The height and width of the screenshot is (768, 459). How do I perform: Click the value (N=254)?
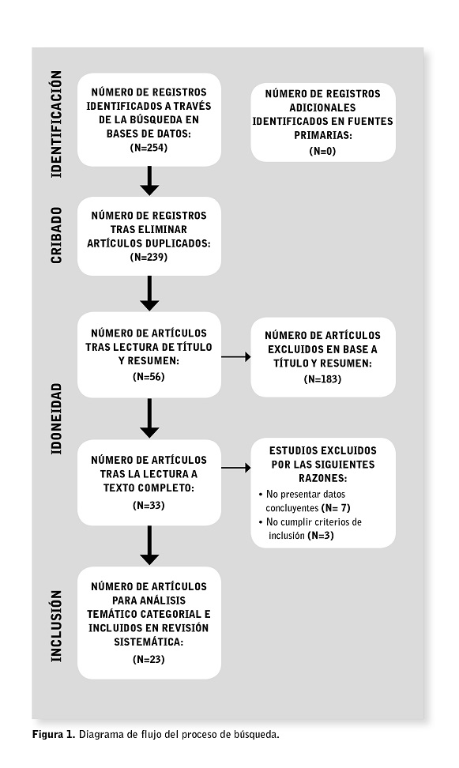click(149, 148)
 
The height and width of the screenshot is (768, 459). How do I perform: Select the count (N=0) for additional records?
click(322, 151)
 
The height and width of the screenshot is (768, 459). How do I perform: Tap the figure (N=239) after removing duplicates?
click(149, 257)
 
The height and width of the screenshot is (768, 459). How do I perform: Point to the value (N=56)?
click(149, 377)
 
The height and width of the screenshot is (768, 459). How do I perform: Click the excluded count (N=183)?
click(322, 379)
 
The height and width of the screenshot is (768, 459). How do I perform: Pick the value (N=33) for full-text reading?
click(149, 505)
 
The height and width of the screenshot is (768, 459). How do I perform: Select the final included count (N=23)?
click(149, 659)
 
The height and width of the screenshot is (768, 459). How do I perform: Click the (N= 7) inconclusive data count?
click(336, 508)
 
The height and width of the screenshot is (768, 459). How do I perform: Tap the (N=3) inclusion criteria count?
click(321, 536)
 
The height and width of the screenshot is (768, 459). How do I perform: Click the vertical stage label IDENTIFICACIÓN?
click(57, 124)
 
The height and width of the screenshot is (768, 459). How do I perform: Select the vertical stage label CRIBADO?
click(57, 235)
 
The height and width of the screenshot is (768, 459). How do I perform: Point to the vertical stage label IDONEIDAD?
click(57, 418)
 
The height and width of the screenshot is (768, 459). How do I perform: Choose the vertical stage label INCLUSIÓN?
click(57, 626)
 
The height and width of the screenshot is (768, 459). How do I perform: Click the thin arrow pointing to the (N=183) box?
click(236, 357)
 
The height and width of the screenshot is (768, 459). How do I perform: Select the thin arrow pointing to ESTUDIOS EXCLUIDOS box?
click(236, 468)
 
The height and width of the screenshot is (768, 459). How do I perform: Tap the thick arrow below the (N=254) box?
click(149, 181)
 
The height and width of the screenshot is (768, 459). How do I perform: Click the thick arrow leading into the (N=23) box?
click(149, 545)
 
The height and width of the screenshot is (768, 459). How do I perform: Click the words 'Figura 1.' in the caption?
click(54, 734)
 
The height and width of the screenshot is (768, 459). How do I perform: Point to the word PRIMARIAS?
click(322, 135)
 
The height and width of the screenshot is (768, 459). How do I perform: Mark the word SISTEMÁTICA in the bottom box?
click(149, 642)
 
